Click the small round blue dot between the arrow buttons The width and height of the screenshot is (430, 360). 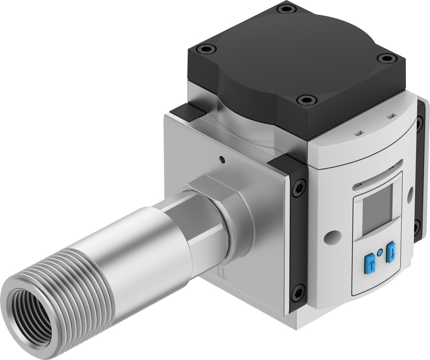point(380,253)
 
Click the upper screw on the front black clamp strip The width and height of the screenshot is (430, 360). point(298,188)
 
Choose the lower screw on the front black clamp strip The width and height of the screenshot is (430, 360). point(298,292)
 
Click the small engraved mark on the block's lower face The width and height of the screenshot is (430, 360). point(222,272)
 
